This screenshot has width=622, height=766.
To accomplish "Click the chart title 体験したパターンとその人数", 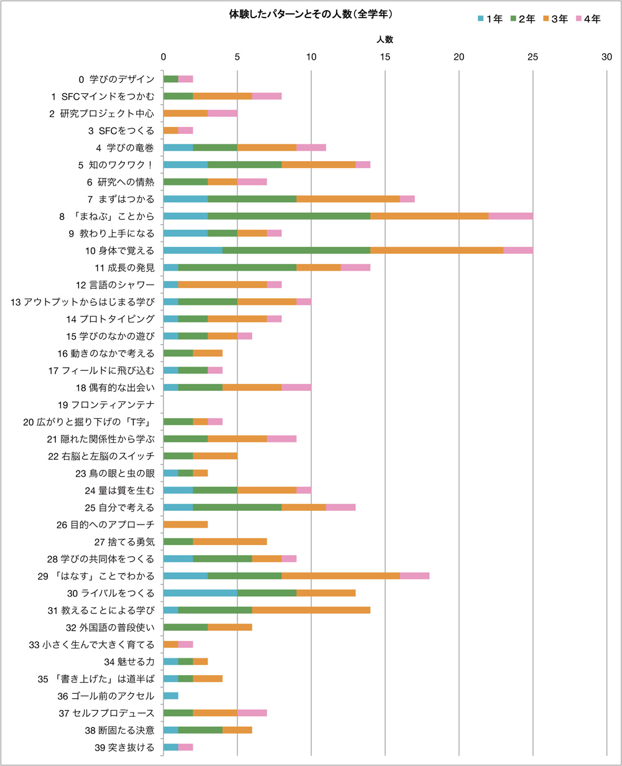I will (x=310, y=13).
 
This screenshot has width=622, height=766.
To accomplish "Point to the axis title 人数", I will (x=385, y=39).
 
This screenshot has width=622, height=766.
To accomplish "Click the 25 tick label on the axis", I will (x=533, y=57).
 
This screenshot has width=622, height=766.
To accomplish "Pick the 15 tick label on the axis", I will (x=385, y=57).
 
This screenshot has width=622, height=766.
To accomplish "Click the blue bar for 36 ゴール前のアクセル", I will (x=170, y=696).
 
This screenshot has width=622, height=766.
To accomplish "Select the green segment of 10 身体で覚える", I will (x=296, y=250).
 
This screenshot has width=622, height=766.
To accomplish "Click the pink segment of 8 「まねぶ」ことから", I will (x=511, y=216).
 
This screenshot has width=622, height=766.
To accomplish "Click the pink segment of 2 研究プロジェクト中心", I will (x=222, y=113).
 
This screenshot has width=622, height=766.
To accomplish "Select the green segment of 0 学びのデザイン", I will (x=170, y=79).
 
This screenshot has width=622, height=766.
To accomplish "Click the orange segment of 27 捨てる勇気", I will (x=230, y=541).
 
